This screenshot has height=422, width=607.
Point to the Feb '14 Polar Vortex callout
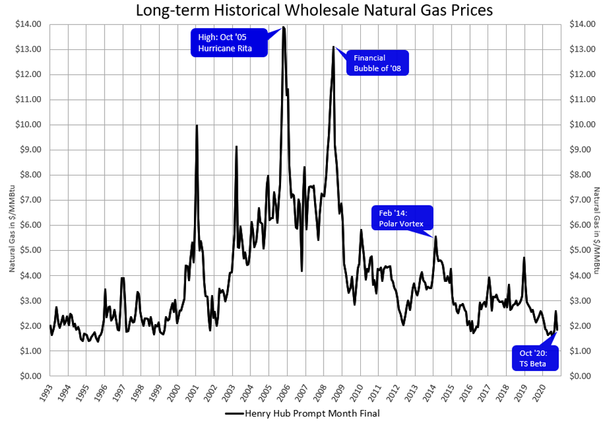pos(401,219)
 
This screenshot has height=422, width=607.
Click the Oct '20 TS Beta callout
pos(534,358)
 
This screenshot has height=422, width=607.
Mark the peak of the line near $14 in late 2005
pos(283,27)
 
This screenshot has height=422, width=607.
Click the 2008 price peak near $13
pos(333,47)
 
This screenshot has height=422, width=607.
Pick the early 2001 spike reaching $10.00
pos(197,126)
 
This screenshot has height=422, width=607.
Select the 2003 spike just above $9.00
pos(237,147)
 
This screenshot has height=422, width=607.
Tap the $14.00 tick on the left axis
pos(29,24)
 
